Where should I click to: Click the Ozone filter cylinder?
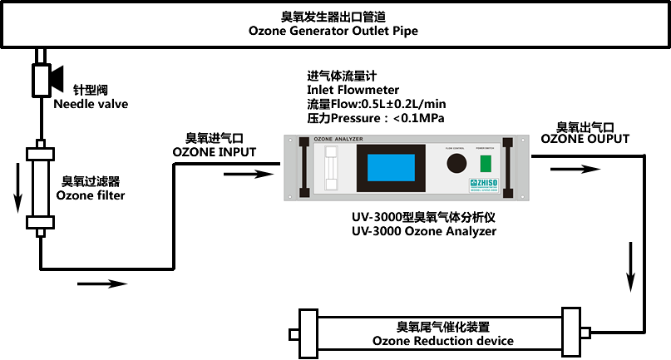click(x=40, y=188)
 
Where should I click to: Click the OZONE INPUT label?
click(x=214, y=152)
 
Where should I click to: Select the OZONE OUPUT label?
click(x=585, y=139)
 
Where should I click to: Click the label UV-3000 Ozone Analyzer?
click(x=424, y=232)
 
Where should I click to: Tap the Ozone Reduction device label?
click(x=442, y=341)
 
